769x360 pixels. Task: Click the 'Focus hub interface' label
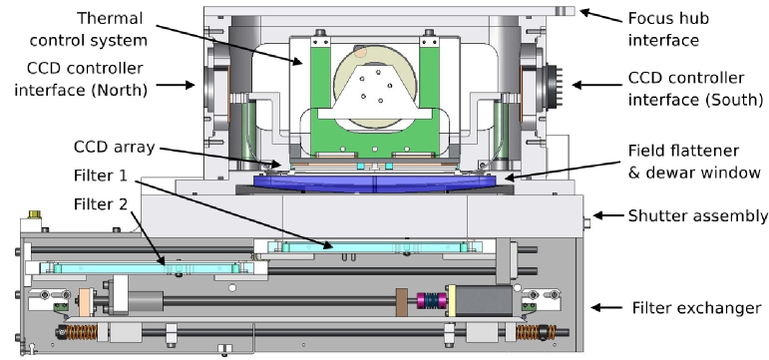click(x=668, y=29)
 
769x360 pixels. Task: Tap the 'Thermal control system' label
click(x=89, y=29)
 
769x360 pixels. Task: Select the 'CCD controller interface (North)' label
click(x=81, y=79)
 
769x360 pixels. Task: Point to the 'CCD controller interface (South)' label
click(x=695, y=89)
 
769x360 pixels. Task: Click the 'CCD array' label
click(x=115, y=147)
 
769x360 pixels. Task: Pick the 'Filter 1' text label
click(x=101, y=176)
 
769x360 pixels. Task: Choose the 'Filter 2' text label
click(x=101, y=203)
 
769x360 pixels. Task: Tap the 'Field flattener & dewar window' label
click(x=694, y=161)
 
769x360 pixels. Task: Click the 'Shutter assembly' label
click(x=698, y=215)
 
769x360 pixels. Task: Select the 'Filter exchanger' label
click(x=696, y=307)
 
